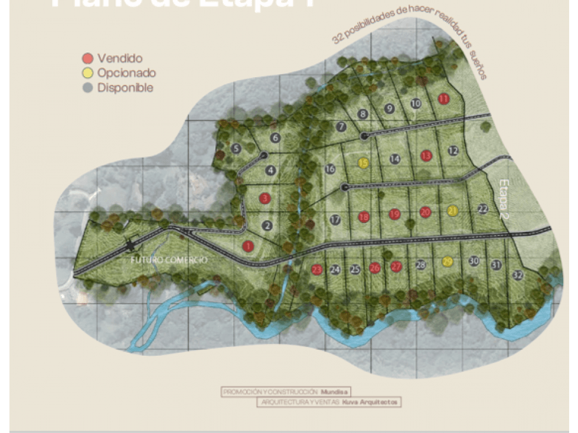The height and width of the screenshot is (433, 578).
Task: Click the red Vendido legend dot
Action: tap(87, 58)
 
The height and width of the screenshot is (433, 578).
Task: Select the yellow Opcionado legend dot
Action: tap(87, 73)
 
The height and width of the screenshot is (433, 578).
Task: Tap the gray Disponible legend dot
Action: tap(87, 88)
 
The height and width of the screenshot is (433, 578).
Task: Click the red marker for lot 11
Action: tap(444, 99)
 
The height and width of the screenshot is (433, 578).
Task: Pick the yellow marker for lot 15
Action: tap(364, 163)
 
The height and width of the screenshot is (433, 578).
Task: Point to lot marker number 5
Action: tap(236, 149)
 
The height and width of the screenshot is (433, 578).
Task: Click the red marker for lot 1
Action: tap(248, 245)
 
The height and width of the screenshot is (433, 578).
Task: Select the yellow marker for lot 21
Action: tap(453, 211)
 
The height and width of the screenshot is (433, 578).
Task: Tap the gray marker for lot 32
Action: tap(518, 275)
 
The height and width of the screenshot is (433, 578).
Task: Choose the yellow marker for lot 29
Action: tap(448, 263)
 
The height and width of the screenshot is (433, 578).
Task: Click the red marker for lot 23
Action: tap(316, 270)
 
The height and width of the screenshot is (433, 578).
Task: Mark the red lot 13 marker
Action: tap(426, 155)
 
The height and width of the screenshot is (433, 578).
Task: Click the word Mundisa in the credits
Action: tap(335, 391)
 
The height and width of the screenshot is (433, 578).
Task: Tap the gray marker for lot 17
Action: tap(335, 219)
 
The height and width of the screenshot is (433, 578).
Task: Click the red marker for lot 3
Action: tap(265, 198)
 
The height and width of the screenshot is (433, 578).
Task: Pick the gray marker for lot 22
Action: tap(483, 209)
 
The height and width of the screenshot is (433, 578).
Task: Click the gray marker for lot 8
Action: tap(363, 114)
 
